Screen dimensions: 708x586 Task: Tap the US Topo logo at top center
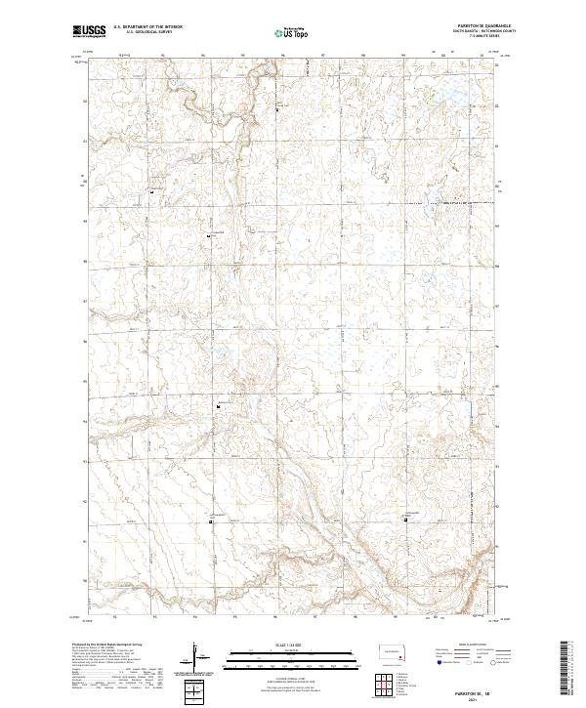click(291, 32)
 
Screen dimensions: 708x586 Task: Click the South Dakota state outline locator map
click(393, 653)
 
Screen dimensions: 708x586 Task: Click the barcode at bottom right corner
click(565, 666)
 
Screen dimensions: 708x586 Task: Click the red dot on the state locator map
click(400, 656)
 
